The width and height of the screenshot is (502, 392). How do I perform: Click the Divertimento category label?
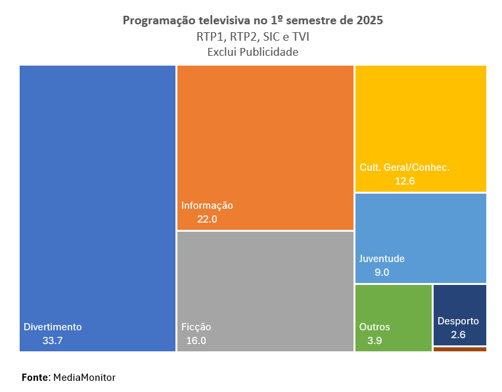click(x=53, y=326)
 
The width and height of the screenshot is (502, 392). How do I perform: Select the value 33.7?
click(x=52, y=340)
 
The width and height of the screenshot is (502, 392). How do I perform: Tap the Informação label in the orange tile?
click(x=207, y=205)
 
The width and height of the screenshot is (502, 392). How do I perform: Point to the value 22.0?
click(x=207, y=219)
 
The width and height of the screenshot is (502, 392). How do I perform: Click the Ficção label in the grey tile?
click(x=196, y=326)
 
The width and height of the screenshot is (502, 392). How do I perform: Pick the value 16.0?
click(x=196, y=340)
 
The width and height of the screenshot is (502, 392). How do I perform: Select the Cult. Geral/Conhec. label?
click(x=404, y=167)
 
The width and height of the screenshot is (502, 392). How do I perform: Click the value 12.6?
click(x=405, y=181)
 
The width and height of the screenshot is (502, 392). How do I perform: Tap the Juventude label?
click(x=382, y=258)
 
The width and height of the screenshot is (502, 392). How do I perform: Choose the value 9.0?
click(x=382, y=272)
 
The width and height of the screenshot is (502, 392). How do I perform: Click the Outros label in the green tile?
click(x=375, y=326)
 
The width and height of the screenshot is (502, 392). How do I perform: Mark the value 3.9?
click(x=375, y=340)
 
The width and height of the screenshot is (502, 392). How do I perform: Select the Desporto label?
click(x=458, y=321)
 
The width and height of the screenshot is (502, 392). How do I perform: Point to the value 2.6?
click(x=459, y=335)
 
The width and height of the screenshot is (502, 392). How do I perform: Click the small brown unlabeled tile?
click(x=460, y=349)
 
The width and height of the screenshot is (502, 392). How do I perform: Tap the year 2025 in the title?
click(x=370, y=21)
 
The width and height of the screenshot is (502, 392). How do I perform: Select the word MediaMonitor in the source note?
click(x=84, y=378)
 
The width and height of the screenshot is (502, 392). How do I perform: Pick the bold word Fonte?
click(x=35, y=378)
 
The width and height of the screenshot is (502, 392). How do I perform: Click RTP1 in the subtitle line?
click(x=208, y=37)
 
